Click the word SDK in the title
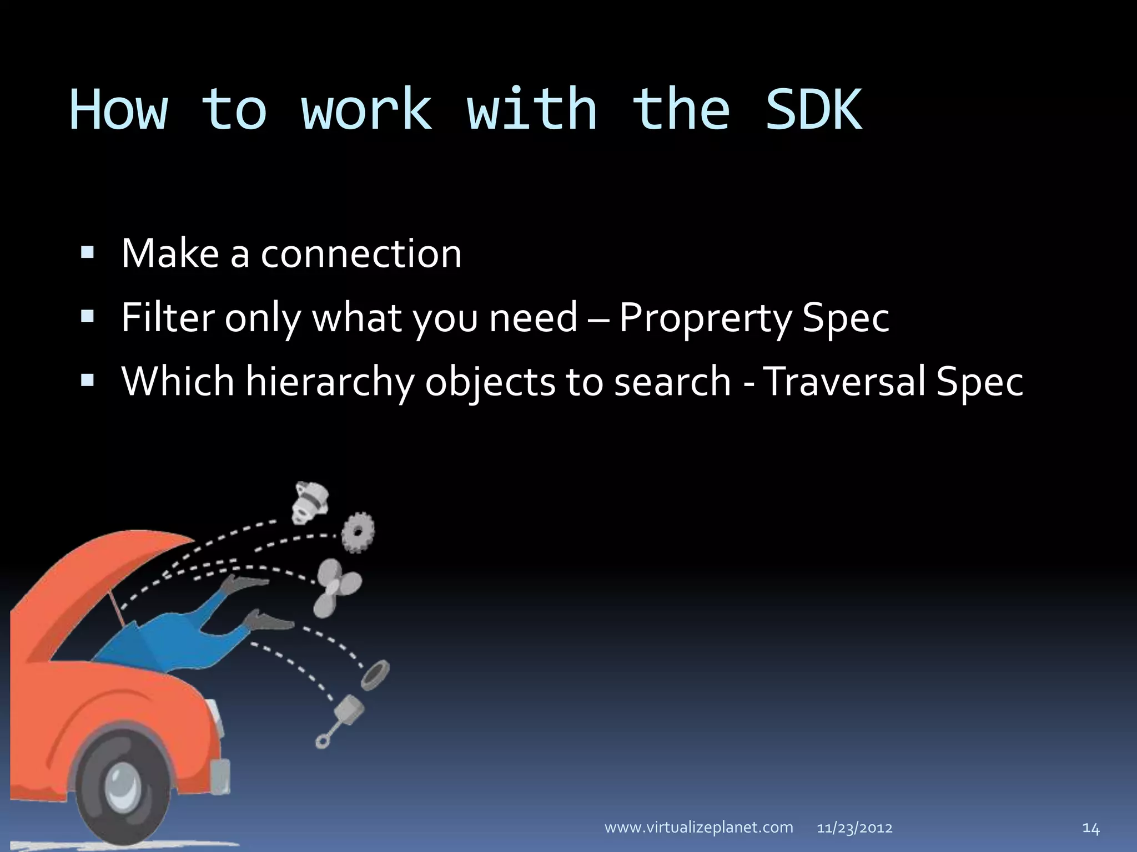click(x=813, y=110)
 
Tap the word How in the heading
click(x=118, y=110)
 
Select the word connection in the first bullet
click(x=361, y=253)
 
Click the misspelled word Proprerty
click(x=705, y=318)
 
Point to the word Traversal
click(x=844, y=382)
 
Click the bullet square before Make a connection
click(x=87, y=253)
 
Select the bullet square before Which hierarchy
click(x=87, y=381)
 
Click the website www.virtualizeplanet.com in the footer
click(x=698, y=828)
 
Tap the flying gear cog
click(x=358, y=532)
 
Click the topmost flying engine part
click(x=310, y=502)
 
